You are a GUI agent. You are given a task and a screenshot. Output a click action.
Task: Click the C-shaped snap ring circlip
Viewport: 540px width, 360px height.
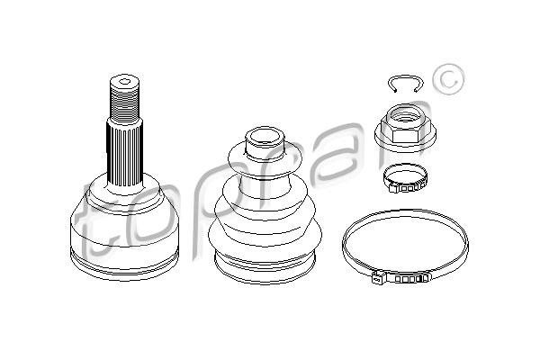[x=405, y=76]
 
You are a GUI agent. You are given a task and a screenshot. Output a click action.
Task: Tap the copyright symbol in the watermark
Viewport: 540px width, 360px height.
[x=448, y=79]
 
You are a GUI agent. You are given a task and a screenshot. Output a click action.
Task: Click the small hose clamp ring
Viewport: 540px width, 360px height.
[x=406, y=178]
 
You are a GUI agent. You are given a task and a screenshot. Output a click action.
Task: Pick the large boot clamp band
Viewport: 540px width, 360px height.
[x=405, y=211]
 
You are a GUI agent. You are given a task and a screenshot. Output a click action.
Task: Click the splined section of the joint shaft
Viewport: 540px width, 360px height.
[x=125, y=156]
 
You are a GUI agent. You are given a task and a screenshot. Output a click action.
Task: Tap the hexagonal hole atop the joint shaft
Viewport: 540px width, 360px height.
[x=125, y=82]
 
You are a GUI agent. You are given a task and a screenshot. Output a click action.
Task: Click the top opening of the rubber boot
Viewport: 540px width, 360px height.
[x=265, y=137]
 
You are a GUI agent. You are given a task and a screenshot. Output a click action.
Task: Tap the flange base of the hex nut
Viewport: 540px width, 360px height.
[x=405, y=142]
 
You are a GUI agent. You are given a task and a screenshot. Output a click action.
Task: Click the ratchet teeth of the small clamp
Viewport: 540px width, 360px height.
[x=407, y=188]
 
